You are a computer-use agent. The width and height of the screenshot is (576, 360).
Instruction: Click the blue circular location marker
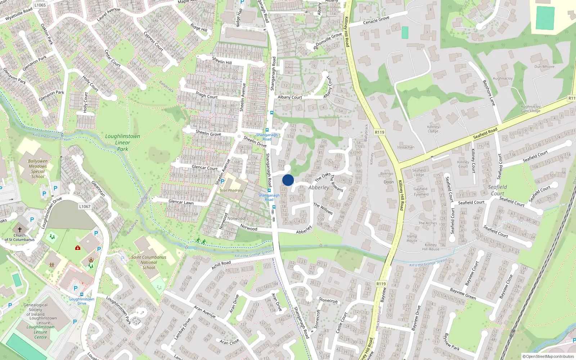(x=288, y=180)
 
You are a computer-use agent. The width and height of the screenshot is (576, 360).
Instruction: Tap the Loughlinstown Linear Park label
(x=123, y=143)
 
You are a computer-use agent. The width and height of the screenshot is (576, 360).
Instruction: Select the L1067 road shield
(x=85, y=206)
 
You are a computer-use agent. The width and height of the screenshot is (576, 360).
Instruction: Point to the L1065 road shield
(x=40, y=5)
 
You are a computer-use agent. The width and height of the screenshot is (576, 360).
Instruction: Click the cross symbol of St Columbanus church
(x=20, y=229)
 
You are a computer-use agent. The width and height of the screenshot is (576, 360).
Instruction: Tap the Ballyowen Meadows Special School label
(x=38, y=169)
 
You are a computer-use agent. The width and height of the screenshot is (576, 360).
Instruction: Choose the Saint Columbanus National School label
(x=149, y=262)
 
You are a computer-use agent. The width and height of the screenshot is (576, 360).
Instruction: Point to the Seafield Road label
(x=485, y=133)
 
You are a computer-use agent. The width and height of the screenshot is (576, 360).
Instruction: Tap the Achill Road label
(x=221, y=265)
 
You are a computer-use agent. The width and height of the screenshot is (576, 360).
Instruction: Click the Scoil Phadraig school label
(x=231, y=190)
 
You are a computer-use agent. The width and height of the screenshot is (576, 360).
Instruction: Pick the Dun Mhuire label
(x=544, y=67)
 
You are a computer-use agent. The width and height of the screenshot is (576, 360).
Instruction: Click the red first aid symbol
(x=78, y=248)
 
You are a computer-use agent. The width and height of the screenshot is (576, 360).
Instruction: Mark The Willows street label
(x=323, y=208)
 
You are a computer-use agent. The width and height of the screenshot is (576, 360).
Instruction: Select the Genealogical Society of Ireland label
(x=35, y=310)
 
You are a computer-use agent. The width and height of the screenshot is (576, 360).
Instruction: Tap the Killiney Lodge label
(x=433, y=129)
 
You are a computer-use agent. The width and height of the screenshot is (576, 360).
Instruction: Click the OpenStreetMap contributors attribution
(x=548, y=356)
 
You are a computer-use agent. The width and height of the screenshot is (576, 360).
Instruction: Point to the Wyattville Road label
(x=19, y=14)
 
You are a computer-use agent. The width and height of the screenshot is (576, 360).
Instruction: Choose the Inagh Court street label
(x=207, y=95)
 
